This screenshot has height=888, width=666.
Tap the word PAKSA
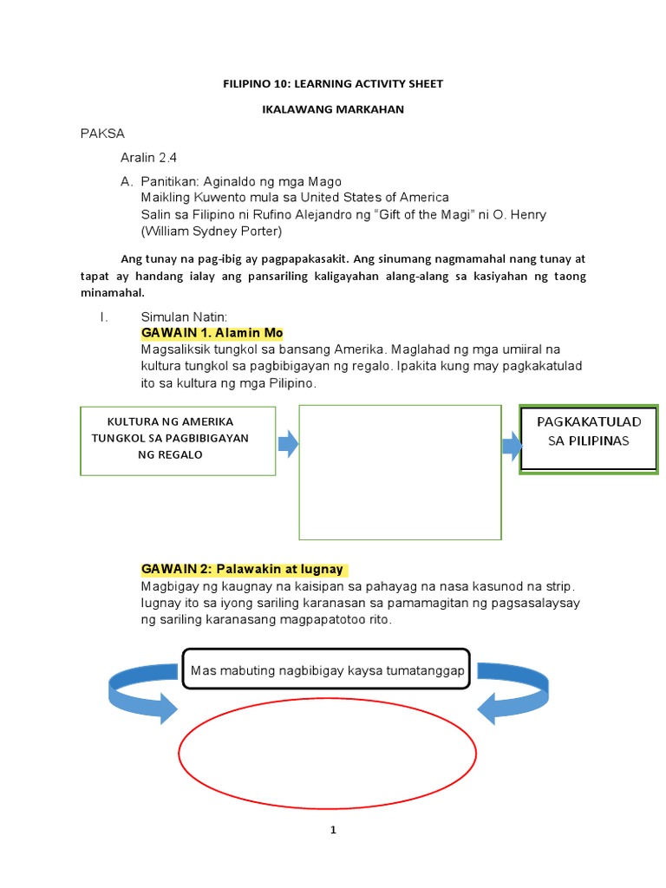coord(102,134)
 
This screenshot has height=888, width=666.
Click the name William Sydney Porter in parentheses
coord(211,232)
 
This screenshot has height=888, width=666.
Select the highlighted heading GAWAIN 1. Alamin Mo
coord(212,333)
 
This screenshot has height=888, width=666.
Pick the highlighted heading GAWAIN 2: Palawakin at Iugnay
coord(243,570)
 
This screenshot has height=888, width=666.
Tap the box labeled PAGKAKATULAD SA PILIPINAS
coord(588,437)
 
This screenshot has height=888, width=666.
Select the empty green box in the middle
coord(400,473)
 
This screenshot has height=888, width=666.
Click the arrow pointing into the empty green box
coord(288,445)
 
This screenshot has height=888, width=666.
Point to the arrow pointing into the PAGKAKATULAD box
coord(511,447)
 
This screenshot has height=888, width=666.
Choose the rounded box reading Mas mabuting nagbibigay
coord(326,670)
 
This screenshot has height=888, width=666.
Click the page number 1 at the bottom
coord(332,830)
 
